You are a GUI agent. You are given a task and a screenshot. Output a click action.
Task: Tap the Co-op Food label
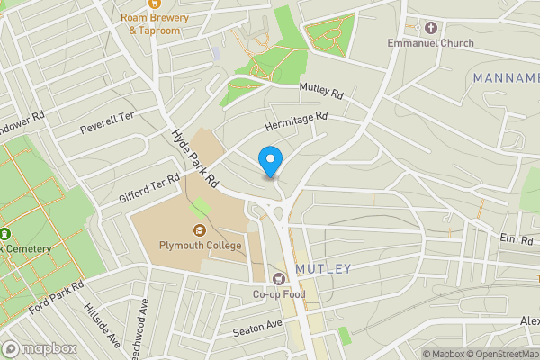tap(279, 294)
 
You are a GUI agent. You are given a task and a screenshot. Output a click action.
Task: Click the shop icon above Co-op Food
tap(279, 279)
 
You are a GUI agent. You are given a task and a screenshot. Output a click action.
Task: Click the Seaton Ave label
tap(257, 328)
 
